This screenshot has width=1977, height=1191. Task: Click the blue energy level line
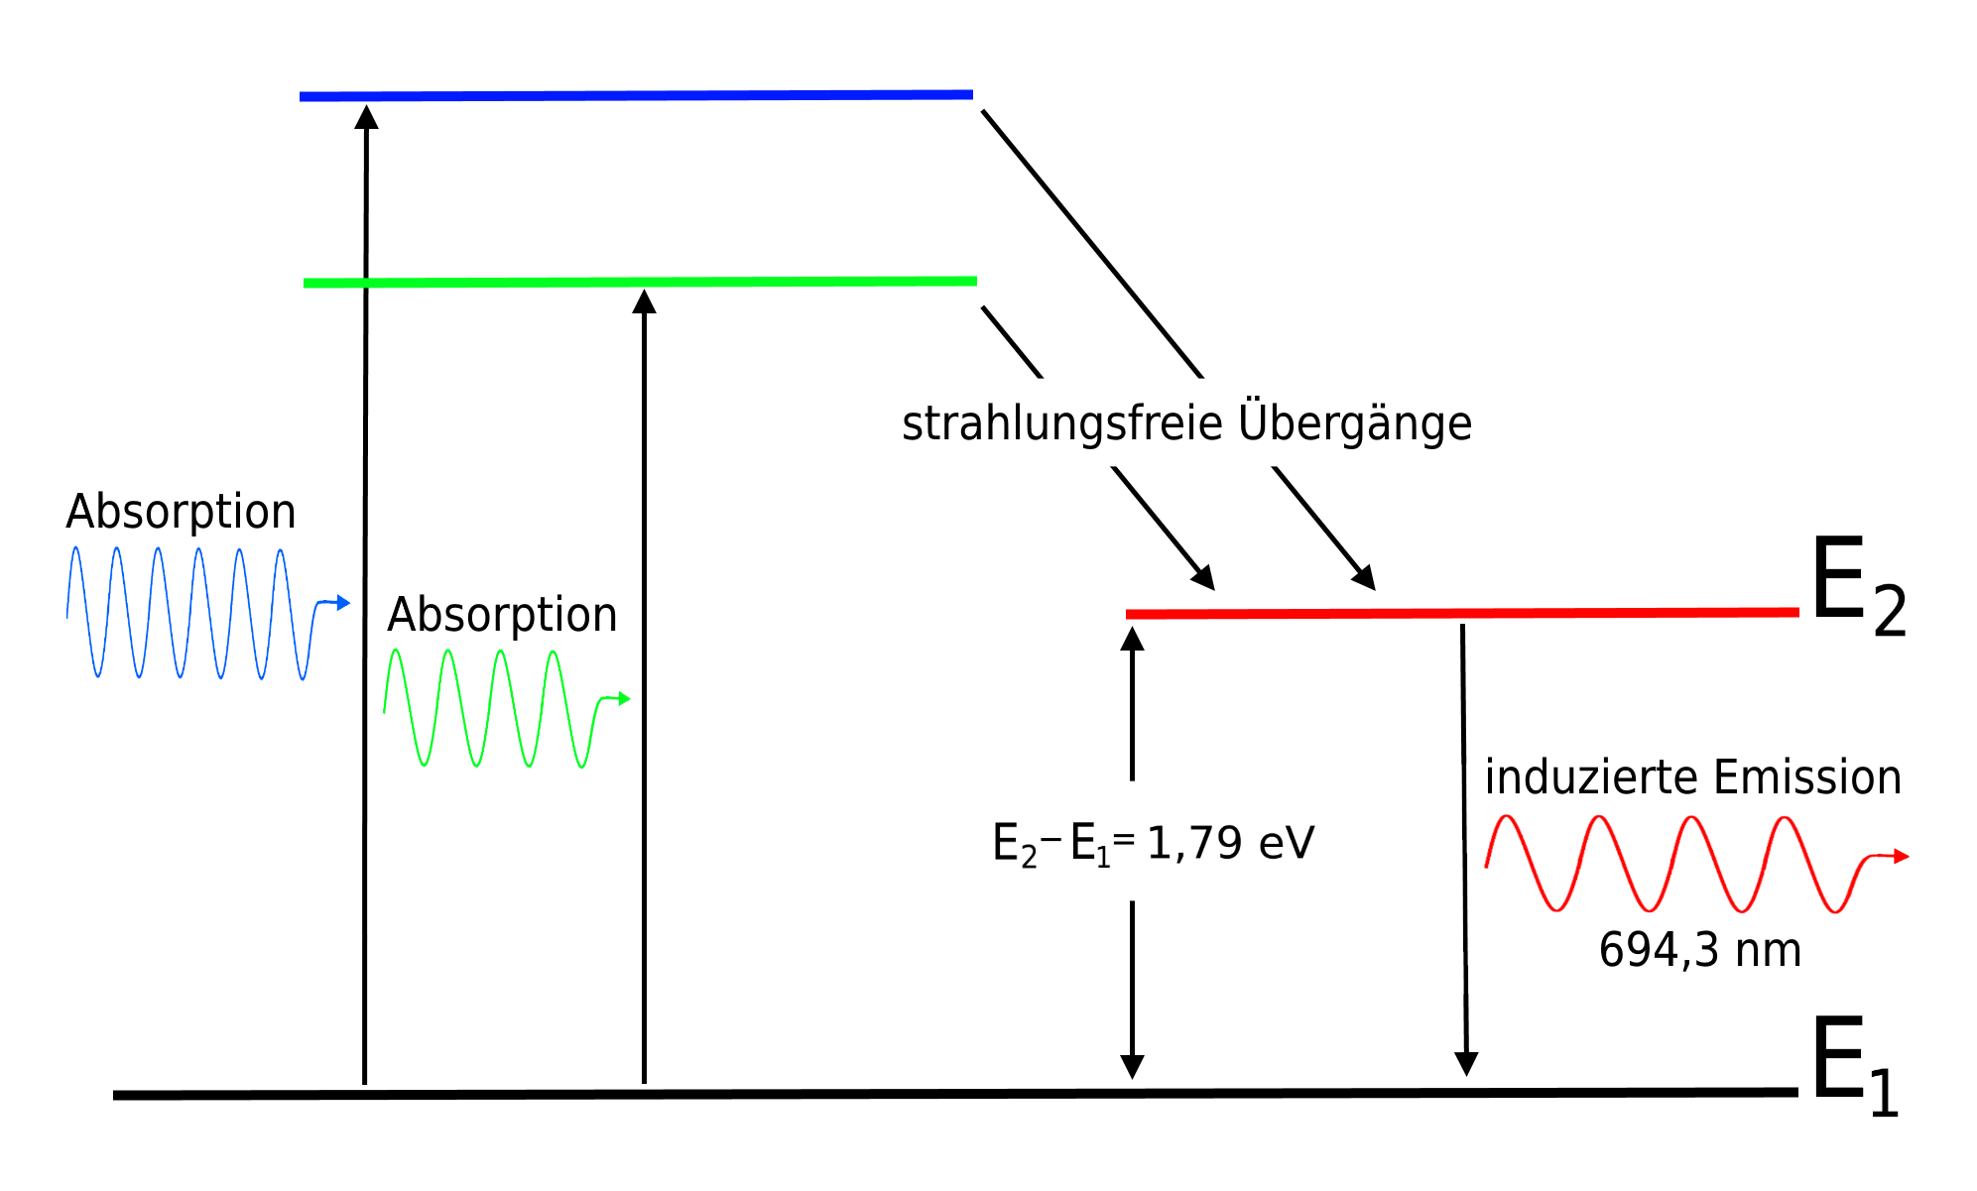click(x=635, y=96)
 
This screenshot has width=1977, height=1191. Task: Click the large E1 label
click(x=1854, y=1065)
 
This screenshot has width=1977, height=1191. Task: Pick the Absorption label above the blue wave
click(x=181, y=512)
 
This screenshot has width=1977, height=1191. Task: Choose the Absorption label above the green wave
click(x=502, y=615)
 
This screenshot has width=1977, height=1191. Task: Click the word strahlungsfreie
click(x=1061, y=423)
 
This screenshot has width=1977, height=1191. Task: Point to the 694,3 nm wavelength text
click(x=1699, y=950)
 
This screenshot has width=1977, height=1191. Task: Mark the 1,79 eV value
click(x=1230, y=843)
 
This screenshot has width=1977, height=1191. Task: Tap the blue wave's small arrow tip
click(x=343, y=602)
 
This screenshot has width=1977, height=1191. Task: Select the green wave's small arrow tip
click(x=624, y=699)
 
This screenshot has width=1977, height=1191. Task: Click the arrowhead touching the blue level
click(x=367, y=117)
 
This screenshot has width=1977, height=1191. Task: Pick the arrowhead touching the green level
click(x=645, y=301)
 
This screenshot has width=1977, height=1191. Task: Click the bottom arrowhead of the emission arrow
click(x=1466, y=1064)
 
